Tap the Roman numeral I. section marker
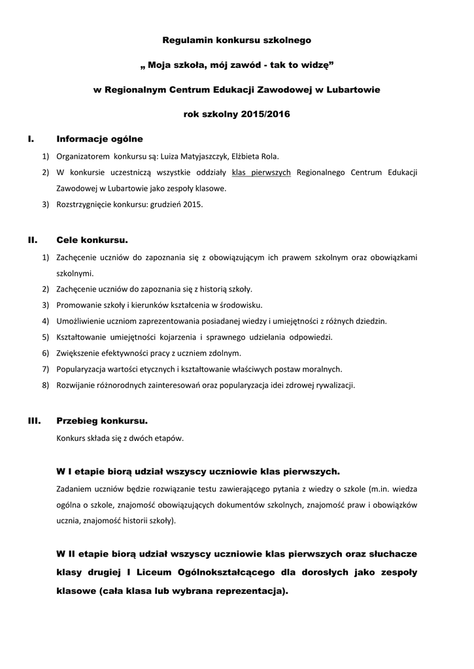[31, 139]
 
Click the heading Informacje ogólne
[99, 139]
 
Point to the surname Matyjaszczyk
[195, 156]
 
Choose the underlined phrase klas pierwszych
[262, 172]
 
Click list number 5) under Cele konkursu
[45, 337]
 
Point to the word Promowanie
[78, 305]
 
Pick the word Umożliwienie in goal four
[81, 321]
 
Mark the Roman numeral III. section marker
[34, 421]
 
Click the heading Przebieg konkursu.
[102, 421]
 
